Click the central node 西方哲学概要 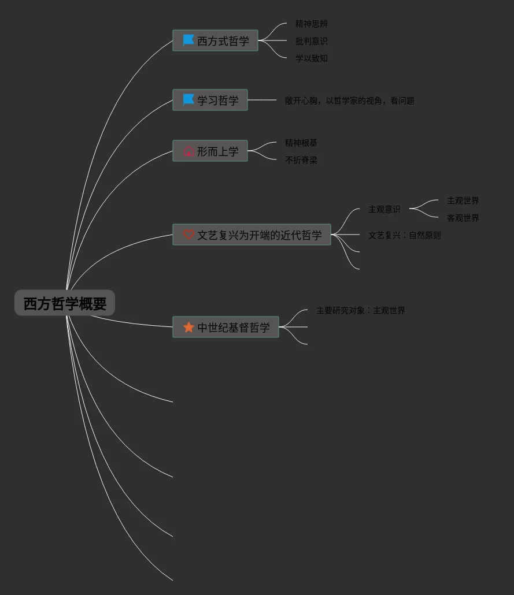coord(65,303)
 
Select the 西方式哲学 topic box coord(215,41)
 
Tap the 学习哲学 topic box coord(210,101)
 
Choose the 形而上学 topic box coord(210,151)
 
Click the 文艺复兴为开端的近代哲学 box coord(252,235)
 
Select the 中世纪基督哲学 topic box coord(225,328)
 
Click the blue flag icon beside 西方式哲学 coord(188,40)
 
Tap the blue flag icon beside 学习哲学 coord(188,100)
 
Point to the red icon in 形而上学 coord(188,151)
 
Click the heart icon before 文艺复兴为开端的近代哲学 coord(188,235)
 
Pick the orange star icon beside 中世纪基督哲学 coord(188,328)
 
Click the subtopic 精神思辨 coord(312,24)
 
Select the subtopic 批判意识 coord(312,41)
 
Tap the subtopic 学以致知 coord(312,58)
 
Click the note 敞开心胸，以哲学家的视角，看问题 coord(350,101)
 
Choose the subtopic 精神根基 coord(301,143)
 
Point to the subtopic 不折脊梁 coord(301,160)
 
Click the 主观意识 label coord(384,209)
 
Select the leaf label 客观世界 coord(463,218)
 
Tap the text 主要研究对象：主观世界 coord(361,310)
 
